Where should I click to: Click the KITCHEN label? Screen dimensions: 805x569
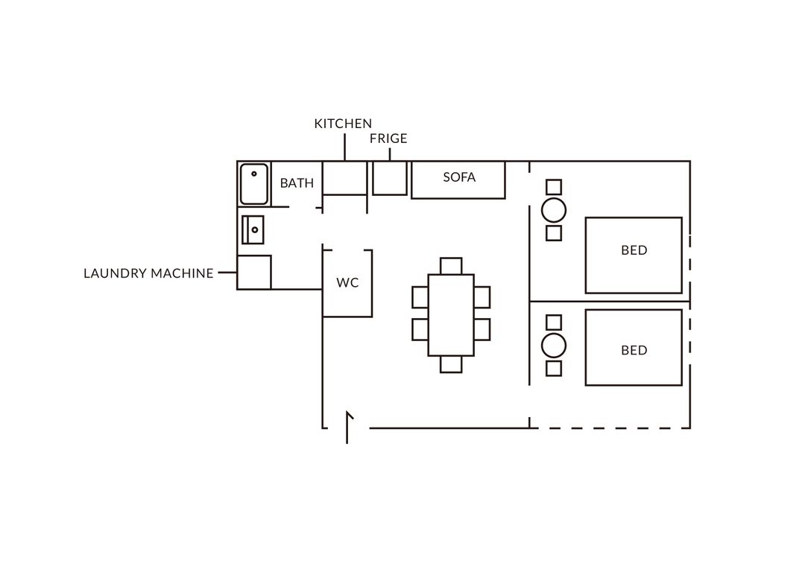point(343,124)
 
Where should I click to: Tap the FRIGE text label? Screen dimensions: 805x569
point(388,139)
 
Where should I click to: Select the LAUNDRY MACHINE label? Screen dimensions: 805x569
point(148,273)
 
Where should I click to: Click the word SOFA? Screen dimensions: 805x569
point(459,177)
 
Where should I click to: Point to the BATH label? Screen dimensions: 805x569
point(297,183)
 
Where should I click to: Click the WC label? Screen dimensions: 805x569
point(347,283)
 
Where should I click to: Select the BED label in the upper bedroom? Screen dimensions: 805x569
point(634,250)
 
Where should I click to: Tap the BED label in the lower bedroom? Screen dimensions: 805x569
point(634,351)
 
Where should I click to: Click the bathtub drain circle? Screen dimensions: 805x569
point(254,174)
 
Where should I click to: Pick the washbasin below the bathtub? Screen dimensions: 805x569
point(253,230)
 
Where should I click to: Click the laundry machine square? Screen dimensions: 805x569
point(254,273)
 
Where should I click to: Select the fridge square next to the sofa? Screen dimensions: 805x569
point(390,178)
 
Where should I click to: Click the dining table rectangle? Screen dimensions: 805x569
point(451,315)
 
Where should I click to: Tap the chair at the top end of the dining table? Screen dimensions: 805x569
point(451,267)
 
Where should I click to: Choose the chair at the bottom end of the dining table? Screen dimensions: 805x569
point(451,364)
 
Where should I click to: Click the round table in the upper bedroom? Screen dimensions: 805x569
point(554,210)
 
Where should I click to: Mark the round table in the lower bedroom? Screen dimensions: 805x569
point(554,346)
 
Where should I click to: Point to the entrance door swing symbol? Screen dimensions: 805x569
point(348,427)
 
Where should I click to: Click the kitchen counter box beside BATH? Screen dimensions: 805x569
point(344,178)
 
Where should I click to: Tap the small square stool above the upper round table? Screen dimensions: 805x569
point(554,187)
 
